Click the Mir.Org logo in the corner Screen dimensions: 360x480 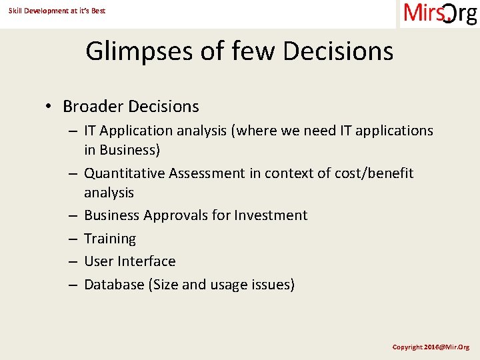click(440, 14)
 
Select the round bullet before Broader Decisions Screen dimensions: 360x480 click(49, 107)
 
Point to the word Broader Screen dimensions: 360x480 click(93, 107)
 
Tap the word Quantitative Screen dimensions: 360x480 click(125, 173)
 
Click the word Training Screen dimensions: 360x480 click(110, 239)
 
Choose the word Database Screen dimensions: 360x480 click(115, 285)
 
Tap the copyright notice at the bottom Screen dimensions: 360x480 click(431, 347)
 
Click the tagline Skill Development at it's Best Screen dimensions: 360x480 click(57, 11)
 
